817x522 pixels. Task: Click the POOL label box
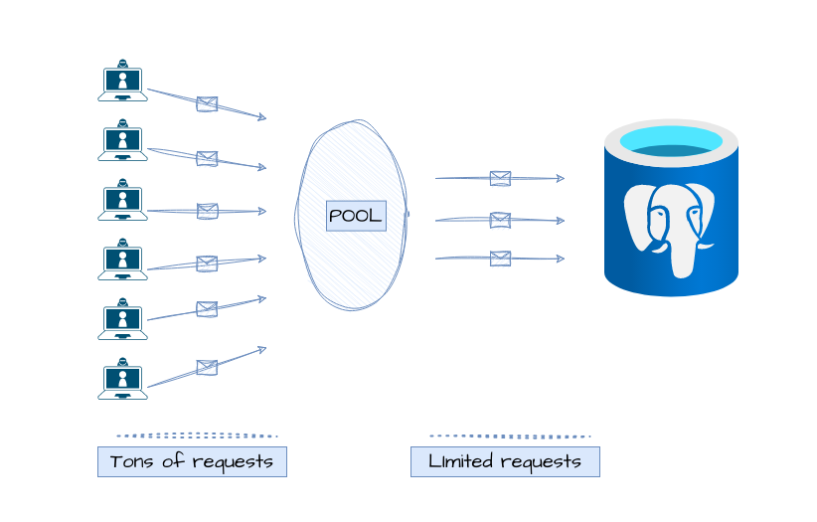coord(356,216)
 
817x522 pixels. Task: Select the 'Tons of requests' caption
coord(192,461)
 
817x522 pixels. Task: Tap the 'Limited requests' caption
coord(505,461)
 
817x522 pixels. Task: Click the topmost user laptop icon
coord(122,82)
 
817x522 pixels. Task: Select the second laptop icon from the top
coord(122,140)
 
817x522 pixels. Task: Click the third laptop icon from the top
coord(122,200)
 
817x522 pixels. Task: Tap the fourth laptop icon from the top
coord(122,260)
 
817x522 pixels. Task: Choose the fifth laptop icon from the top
coord(122,319)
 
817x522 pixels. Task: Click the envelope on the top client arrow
coord(207,104)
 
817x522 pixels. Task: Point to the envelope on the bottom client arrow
coord(207,367)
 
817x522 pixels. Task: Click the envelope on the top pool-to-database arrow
coord(500,179)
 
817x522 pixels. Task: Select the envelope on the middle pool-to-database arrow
coord(500,220)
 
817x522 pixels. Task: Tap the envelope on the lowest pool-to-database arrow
coord(500,259)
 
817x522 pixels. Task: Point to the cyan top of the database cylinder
coord(671,141)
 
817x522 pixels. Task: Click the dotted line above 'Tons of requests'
coord(197,435)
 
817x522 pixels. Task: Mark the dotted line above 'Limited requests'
coord(510,435)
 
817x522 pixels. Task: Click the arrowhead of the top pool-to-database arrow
coord(562,179)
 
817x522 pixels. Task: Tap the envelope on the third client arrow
coord(207,211)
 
